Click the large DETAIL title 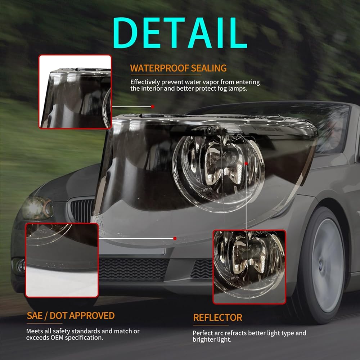coord(180,33)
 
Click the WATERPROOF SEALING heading coord(179,68)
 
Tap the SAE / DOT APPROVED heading coord(71,316)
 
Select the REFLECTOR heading coord(218,318)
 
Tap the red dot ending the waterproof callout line coord(153,107)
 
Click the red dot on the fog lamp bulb coord(246,163)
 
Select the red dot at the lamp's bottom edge coord(175,238)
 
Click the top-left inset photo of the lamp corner coord(75,91)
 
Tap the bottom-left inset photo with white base coord(62,260)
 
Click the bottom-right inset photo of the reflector coord(249,267)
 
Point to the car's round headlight coord(37,208)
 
